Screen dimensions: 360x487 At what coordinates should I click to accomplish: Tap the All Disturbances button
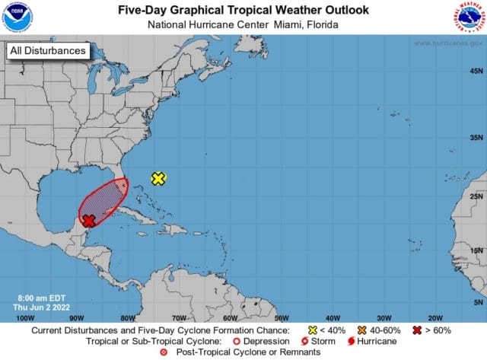pos(46,52)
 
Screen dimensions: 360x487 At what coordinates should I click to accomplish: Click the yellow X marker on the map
pos(158,179)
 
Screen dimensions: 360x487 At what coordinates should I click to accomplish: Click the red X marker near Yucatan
pos(88,221)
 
